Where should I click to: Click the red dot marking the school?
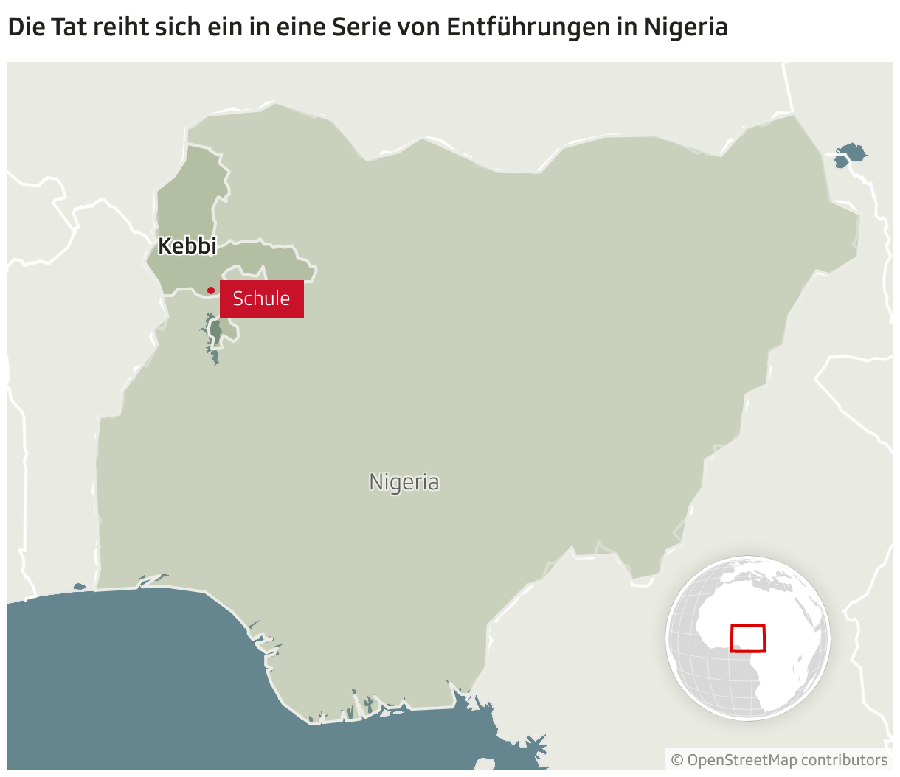tap(211, 290)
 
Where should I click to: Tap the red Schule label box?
tap(262, 299)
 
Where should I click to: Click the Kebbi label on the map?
tap(187, 246)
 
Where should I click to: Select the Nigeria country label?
tap(404, 482)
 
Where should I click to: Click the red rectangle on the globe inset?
tap(748, 638)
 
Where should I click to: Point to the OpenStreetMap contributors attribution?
tap(779, 760)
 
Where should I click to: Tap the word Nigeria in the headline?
tap(686, 27)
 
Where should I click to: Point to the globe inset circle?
tap(748, 638)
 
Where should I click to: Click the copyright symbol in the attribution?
tap(677, 760)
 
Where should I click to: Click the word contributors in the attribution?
tap(844, 760)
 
